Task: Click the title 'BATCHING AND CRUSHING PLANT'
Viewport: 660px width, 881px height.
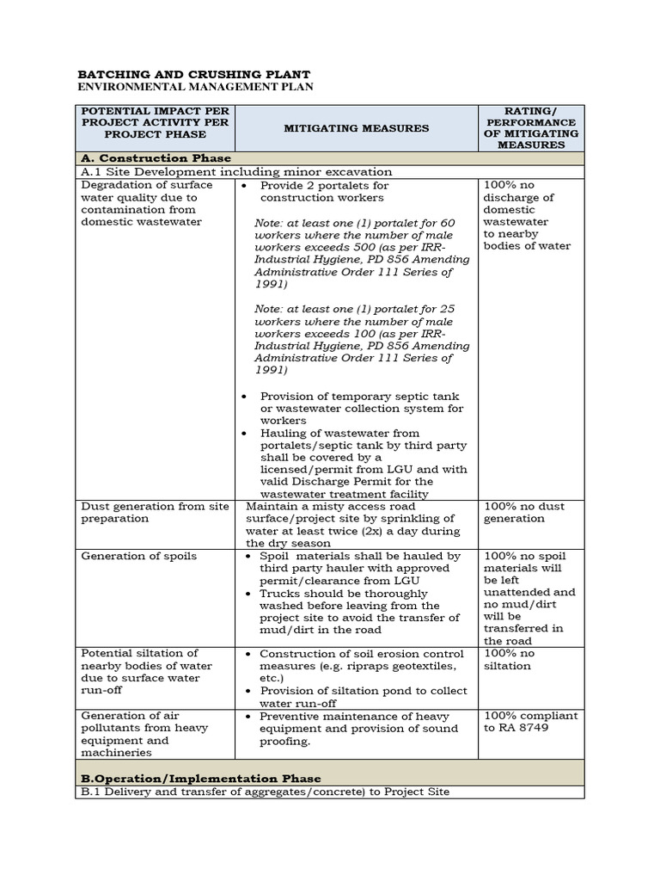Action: pyautogui.click(x=194, y=75)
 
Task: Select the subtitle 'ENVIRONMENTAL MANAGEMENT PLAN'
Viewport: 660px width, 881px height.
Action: pyautogui.click(x=195, y=87)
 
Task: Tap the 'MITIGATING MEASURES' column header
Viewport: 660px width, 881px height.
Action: pyautogui.click(x=357, y=128)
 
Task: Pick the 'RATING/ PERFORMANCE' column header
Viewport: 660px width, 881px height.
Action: pyautogui.click(x=530, y=127)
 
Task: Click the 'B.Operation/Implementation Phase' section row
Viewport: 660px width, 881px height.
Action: pyautogui.click(x=201, y=779)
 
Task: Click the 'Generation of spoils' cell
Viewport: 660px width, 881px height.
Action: pyautogui.click(x=138, y=556)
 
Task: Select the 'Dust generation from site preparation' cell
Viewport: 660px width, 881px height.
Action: pyautogui.click(x=155, y=513)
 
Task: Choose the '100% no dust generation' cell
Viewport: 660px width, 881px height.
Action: pyautogui.click(x=514, y=513)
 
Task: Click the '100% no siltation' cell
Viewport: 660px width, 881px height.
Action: pyautogui.click(x=509, y=660)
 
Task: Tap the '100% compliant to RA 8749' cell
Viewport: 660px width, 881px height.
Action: pyautogui.click(x=530, y=722)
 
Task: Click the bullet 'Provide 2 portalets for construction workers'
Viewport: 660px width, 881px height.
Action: pyautogui.click(x=324, y=191)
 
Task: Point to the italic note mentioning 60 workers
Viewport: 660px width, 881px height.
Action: pyautogui.click(x=362, y=254)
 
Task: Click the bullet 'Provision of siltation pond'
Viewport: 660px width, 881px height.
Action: pyautogui.click(x=363, y=697)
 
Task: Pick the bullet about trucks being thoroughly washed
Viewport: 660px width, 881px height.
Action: pyautogui.click(x=359, y=612)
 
